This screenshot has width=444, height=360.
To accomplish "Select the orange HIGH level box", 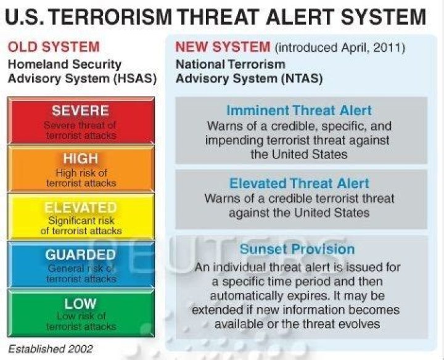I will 81,169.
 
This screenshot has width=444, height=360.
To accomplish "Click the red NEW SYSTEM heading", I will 223,47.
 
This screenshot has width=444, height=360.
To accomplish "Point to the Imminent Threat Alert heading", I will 299,111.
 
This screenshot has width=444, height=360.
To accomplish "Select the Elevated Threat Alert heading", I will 299,184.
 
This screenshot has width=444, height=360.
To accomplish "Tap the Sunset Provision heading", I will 297,250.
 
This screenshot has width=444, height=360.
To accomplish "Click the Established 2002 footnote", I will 51,349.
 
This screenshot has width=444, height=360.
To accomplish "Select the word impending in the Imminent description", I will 234,140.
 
